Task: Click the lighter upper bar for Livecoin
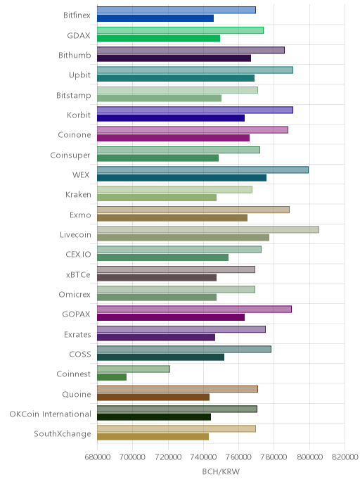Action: click(x=208, y=229)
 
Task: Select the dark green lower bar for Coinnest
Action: click(x=112, y=377)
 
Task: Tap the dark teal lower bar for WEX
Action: click(x=181, y=177)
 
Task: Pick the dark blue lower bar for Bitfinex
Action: click(x=155, y=18)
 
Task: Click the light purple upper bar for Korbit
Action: click(x=195, y=110)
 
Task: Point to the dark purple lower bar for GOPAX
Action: click(x=171, y=317)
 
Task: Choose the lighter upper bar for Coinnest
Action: click(x=134, y=369)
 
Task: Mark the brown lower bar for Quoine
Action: click(x=153, y=397)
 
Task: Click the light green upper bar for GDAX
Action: click(x=180, y=30)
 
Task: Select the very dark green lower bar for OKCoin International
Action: click(x=154, y=416)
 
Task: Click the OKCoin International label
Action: click(x=51, y=414)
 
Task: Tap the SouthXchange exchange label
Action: click(x=63, y=434)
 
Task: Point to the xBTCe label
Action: click(x=78, y=275)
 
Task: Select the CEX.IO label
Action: click(x=78, y=255)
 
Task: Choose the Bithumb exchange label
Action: click(x=75, y=56)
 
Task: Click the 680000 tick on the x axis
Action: click(x=98, y=457)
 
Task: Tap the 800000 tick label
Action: click(x=309, y=457)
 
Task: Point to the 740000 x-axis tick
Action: click(x=204, y=457)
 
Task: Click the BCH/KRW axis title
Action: click(x=221, y=471)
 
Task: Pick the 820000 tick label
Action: click(x=345, y=457)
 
